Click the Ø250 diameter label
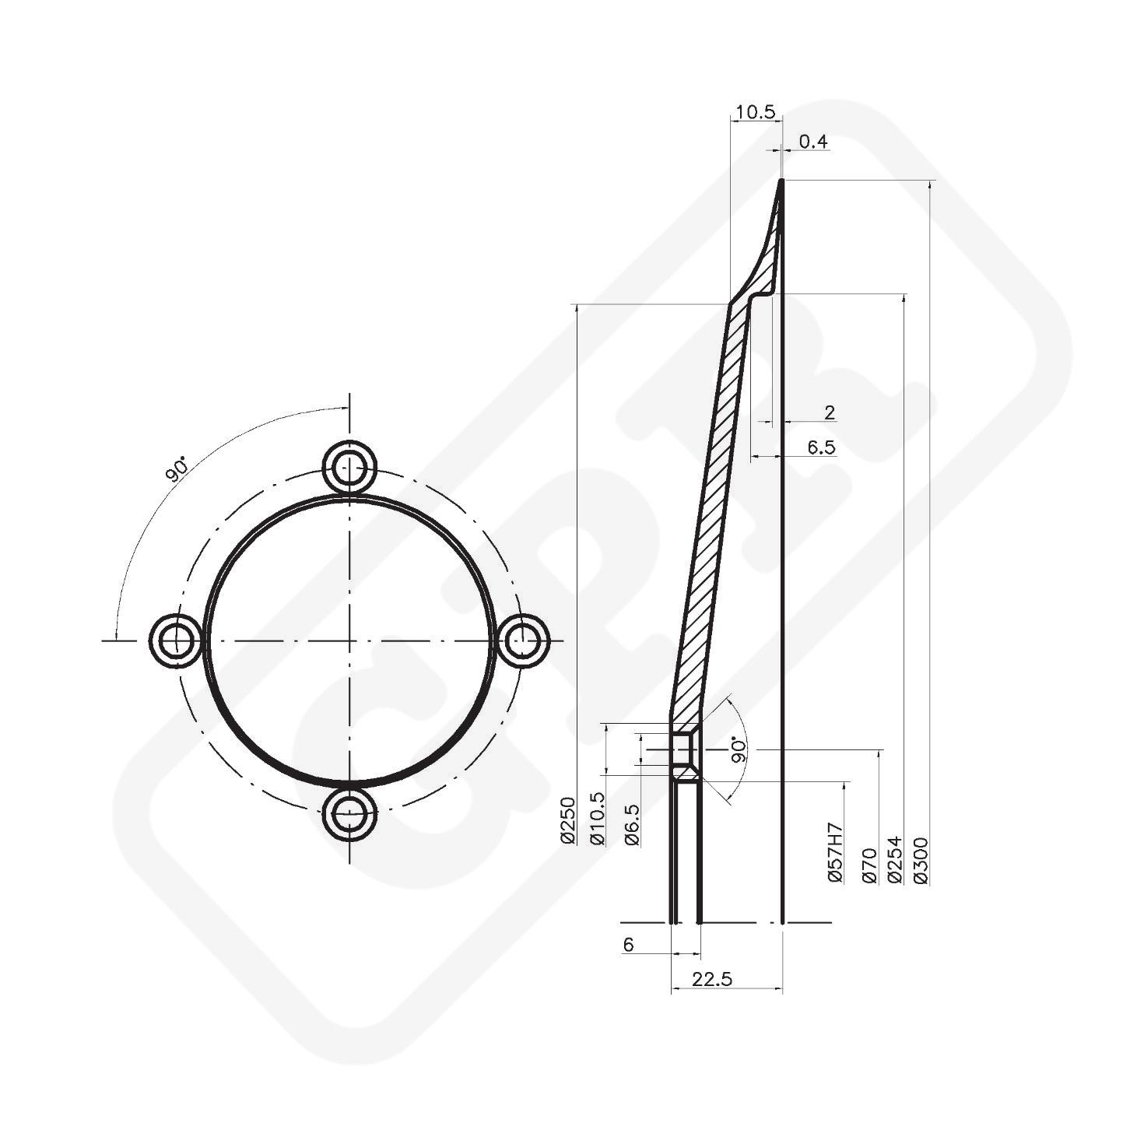(567, 819)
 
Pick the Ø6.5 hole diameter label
(632, 824)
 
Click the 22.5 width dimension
(712, 980)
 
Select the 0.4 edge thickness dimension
(813, 142)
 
